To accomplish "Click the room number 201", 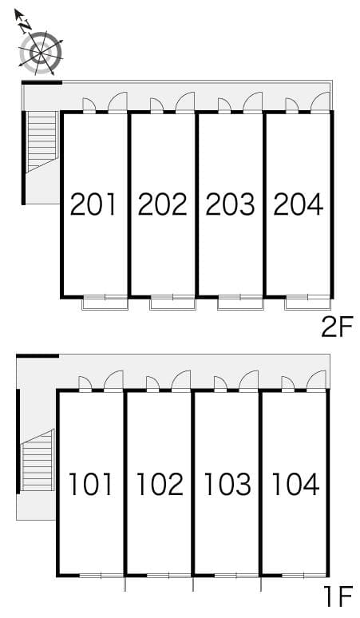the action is tap(93, 204).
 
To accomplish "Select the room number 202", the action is tap(162, 204).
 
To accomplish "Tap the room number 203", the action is tap(230, 204).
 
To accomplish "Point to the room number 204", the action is tap(299, 204).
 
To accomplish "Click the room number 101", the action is tap(91, 484).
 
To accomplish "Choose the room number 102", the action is tap(160, 484).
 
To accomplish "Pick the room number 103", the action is tap(227, 484).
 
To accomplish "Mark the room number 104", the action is tap(295, 484).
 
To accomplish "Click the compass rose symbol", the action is tap(41, 53).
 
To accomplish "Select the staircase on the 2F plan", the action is tap(42, 142).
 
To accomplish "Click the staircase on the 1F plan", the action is tap(38, 460).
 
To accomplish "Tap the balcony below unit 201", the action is tap(105, 303).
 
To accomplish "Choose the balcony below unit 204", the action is tap(308, 303).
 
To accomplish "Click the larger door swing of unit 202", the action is tap(185, 101).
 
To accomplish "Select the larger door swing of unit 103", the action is tap(249, 380).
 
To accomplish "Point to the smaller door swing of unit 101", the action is tap(85, 383).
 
